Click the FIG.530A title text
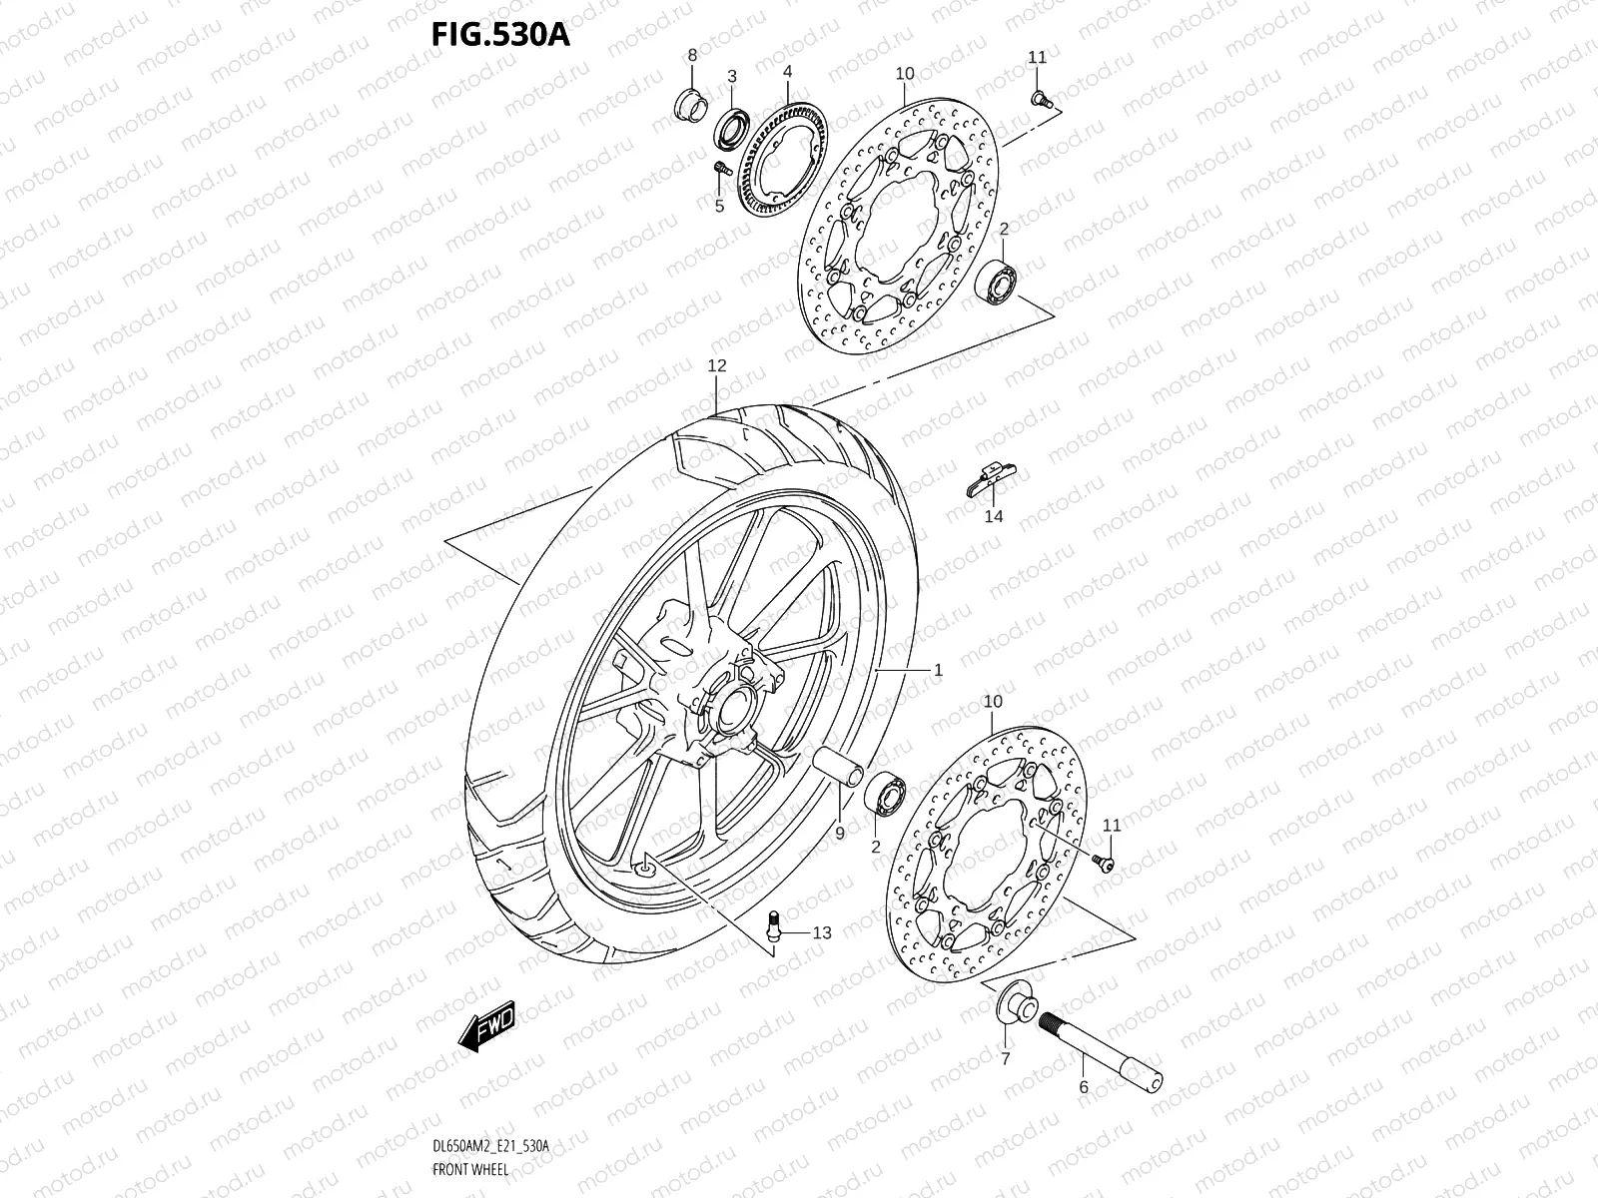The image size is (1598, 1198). click(499, 33)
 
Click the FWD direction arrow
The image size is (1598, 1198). click(486, 1022)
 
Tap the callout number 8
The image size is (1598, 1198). click(692, 55)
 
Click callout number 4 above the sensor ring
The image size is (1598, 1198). click(787, 72)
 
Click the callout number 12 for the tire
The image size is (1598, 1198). click(717, 366)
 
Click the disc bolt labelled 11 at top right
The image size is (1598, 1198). click(1042, 97)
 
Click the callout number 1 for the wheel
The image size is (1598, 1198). click(938, 671)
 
